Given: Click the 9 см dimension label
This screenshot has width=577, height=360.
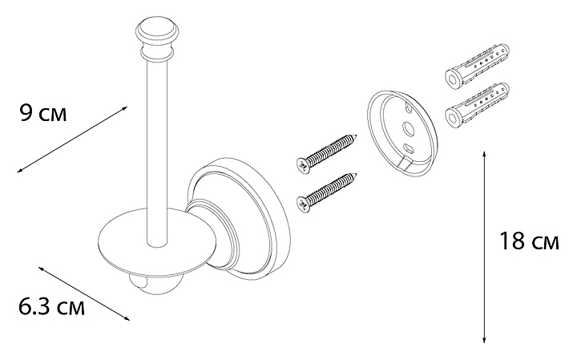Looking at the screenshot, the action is coord(43,113).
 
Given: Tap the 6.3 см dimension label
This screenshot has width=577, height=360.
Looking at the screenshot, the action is coord(51,306).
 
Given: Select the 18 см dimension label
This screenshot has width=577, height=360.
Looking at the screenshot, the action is coord(529,241).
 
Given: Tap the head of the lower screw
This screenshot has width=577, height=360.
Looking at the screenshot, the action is coord(304,204).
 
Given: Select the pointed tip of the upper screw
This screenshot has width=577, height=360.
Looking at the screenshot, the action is coord(356,136).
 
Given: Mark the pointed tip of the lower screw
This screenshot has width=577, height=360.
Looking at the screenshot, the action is coord(356,174).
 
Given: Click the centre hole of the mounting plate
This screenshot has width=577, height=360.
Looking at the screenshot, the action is coord(409,129).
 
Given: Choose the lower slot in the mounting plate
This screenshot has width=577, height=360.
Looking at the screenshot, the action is coord(408,148).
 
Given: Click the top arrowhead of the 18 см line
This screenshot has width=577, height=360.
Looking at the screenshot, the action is coord(484,153).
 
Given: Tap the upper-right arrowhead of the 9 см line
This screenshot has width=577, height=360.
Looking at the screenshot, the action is coord(124,108).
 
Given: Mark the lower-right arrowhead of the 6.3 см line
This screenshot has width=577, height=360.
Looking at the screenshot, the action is coord(127,318).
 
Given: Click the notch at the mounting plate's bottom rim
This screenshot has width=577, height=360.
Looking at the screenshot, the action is coord(405,165).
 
